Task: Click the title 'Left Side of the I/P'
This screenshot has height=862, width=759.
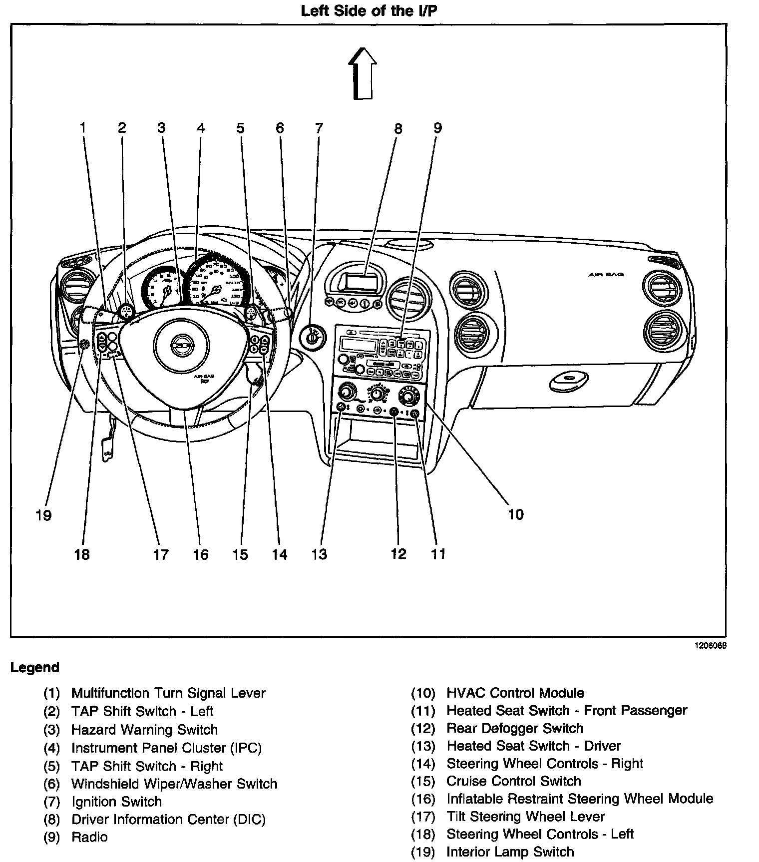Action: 369,11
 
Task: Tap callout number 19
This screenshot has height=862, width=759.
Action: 44,515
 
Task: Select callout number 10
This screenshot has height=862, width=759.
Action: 515,514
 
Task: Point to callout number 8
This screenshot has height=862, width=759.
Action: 398,128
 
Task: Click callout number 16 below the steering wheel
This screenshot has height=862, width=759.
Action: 201,554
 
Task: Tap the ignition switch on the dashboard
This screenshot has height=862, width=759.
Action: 313,338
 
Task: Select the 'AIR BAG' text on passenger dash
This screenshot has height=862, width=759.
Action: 606,274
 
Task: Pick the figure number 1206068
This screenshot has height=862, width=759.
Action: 709,645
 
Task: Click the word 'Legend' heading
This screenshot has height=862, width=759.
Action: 35,668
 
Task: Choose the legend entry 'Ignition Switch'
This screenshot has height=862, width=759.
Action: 116,802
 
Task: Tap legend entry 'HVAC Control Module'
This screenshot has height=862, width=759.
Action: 515,693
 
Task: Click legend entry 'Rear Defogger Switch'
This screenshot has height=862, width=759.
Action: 514,728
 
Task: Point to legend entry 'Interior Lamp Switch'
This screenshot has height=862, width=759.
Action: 510,852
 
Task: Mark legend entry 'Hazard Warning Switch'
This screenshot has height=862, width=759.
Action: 144,730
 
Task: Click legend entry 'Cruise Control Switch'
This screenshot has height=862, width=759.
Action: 513,781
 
